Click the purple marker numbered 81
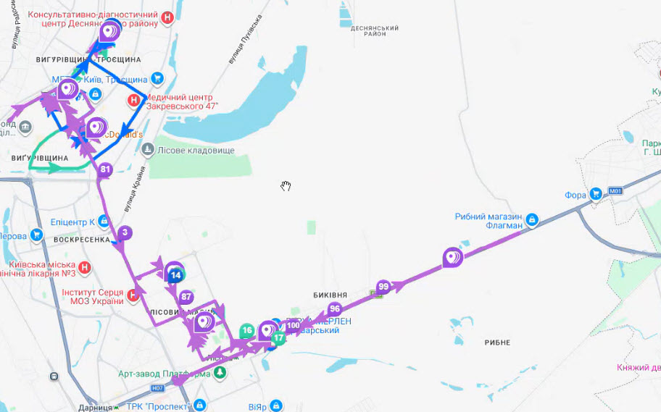pyautogui.click(x=105, y=171)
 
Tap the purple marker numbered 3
pyautogui.click(x=125, y=232)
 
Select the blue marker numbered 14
pyautogui.click(x=175, y=275)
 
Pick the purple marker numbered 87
pyautogui.click(x=186, y=297)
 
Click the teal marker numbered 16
pyautogui.click(x=247, y=331)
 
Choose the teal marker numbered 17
pyautogui.click(x=278, y=337)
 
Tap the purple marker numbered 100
pyautogui.click(x=293, y=326)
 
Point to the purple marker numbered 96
pyautogui.click(x=334, y=308)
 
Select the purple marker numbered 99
pyautogui.click(x=383, y=287)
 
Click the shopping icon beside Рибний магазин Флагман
pyautogui.click(x=531, y=219)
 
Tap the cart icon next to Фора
pyautogui.click(x=595, y=194)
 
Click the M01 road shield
pyautogui.click(x=616, y=191)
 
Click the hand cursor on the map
pyautogui.click(x=286, y=186)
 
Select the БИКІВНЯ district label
pyautogui.click(x=330, y=295)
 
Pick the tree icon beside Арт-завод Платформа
pyautogui.click(x=220, y=373)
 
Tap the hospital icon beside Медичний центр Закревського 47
pyautogui.click(x=134, y=101)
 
